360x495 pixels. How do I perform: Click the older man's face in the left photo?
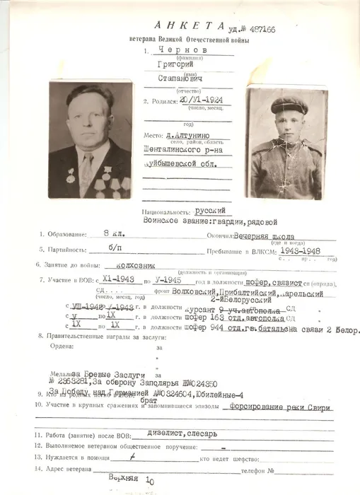[x=88, y=119]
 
